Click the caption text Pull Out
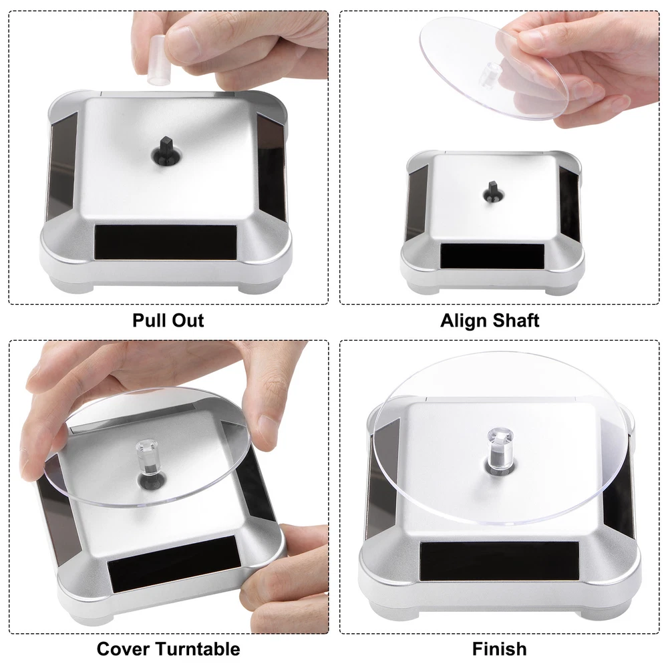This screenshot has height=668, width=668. pos(168,321)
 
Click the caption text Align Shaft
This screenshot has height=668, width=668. pos(490,321)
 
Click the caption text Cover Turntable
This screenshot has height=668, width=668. pos(168,649)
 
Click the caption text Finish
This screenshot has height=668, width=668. pos(499,649)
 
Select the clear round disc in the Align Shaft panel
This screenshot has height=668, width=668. pos(494,68)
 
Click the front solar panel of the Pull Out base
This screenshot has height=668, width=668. pos(166,241)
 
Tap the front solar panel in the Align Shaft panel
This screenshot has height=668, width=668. pos(492,256)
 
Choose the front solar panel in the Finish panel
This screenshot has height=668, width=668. pos(499,562)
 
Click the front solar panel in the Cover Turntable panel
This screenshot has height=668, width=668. pos(172,564)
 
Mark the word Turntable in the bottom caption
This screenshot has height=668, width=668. pos(198,649)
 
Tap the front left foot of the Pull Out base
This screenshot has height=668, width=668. pos(71,284)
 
